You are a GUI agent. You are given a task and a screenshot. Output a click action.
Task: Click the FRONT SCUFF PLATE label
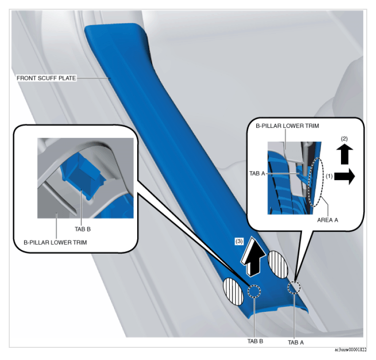[x=46, y=78]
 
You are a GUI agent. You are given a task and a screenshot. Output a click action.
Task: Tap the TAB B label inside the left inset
[x=83, y=229]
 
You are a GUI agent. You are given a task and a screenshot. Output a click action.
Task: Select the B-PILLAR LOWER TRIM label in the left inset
[x=55, y=242]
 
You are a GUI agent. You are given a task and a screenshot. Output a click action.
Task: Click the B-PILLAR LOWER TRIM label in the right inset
[x=287, y=126]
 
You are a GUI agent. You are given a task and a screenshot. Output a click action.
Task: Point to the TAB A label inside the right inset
[x=257, y=173]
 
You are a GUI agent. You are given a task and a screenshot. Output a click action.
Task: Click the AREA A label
[x=327, y=220]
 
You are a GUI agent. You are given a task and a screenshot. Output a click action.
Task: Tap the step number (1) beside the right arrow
[x=329, y=176]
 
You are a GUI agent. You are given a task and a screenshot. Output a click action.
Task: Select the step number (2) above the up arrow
[x=344, y=138]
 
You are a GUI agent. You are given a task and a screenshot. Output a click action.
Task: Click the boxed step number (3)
[x=239, y=241]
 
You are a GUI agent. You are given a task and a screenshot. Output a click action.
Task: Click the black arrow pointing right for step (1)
[x=344, y=176]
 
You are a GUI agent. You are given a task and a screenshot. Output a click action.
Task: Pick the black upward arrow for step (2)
[x=344, y=154]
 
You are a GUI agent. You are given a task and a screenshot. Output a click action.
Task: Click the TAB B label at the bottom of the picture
[x=255, y=341]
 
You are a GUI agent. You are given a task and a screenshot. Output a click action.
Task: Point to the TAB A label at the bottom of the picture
[x=296, y=343]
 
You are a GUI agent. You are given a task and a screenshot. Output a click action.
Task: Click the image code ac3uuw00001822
[x=351, y=350]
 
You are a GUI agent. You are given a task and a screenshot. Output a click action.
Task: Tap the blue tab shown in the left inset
[x=83, y=176]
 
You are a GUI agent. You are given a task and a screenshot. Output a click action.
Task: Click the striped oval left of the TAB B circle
[x=233, y=291]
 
